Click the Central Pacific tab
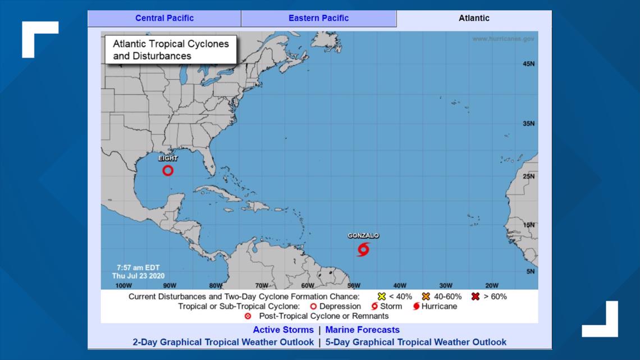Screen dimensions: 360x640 coord(164,18)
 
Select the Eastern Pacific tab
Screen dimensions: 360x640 coord(318,18)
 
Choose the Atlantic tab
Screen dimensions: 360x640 coord(474,18)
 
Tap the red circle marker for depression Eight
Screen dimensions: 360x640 coord(167,171)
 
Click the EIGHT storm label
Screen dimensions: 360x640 coord(167,159)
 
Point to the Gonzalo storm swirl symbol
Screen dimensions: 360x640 coord(363,249)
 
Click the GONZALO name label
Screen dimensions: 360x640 coord(363,236)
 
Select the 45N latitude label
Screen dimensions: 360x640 coord(528,64)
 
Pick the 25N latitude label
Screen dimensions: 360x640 coord(528,177)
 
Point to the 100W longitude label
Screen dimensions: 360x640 coord(124,286)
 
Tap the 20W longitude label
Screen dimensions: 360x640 coord(491,286)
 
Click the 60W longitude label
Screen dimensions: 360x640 coord(307,286)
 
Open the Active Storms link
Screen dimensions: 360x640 coord(283,330)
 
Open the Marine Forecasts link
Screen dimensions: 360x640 coord(362,330)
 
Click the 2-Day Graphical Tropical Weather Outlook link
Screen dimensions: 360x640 coord(223,342)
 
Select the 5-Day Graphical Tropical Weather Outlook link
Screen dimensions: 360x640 coord(415,342)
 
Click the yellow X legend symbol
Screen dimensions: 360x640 coord(382,297)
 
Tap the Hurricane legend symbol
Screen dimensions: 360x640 coord(416,307)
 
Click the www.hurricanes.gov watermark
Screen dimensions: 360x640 coord(503,39)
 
